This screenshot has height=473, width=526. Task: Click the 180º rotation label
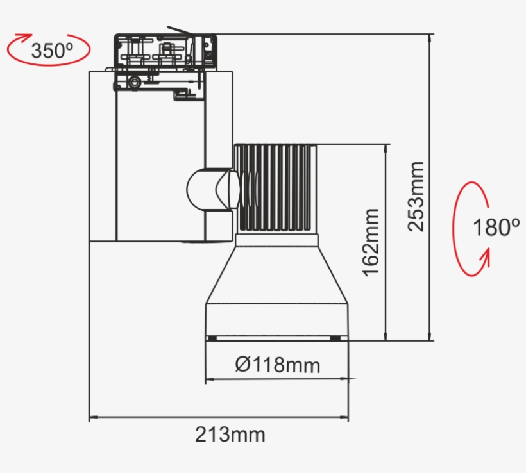tap(496, 227)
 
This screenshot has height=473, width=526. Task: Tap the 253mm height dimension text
tap(417, 196)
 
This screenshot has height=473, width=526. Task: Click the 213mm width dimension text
tap(230, 435)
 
